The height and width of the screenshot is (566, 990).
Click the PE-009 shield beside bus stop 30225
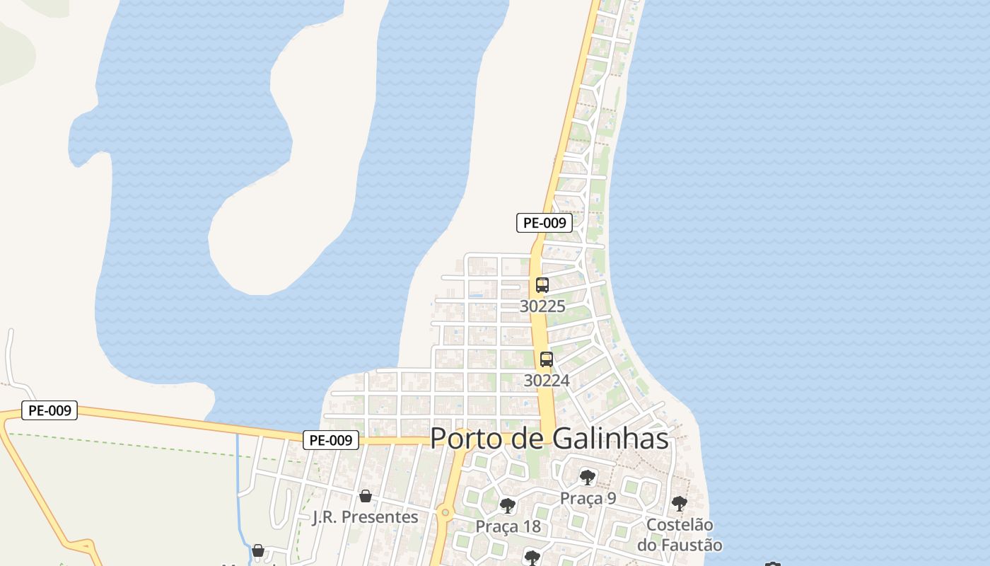click(x=544, y=223)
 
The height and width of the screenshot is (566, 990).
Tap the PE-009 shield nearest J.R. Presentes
click(x=332, y=440)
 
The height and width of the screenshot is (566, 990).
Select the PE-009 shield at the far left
click(x=49, y=410)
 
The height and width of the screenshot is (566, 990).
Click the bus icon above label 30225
click(x=542, y=285)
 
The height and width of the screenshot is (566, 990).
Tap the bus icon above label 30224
click(x=547, y=359)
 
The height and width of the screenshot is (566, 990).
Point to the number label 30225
click(x=542, y=306)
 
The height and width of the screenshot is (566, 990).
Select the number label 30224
click(x=547, y=381)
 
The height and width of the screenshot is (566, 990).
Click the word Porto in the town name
click(x=467, y=439)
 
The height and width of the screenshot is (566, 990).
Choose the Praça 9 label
click(x=588, y=498)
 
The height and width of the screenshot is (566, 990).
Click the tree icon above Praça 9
click(x=588, y=477)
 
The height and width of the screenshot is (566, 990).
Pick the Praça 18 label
click(x=508, y=526)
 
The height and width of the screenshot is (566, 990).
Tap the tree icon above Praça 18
click(x=507, y=505)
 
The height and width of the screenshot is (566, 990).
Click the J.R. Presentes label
click(x=366, y=517)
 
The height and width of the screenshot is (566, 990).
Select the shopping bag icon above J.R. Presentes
click(x=366, y=496)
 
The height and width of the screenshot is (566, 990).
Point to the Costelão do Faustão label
click(x=680, y=536)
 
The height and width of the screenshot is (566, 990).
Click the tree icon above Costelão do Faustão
click(x=680, y=504)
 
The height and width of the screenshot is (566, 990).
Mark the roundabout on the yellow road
click(x=445, y=512)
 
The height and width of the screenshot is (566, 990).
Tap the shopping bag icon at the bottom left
click(x=258, y=550)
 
